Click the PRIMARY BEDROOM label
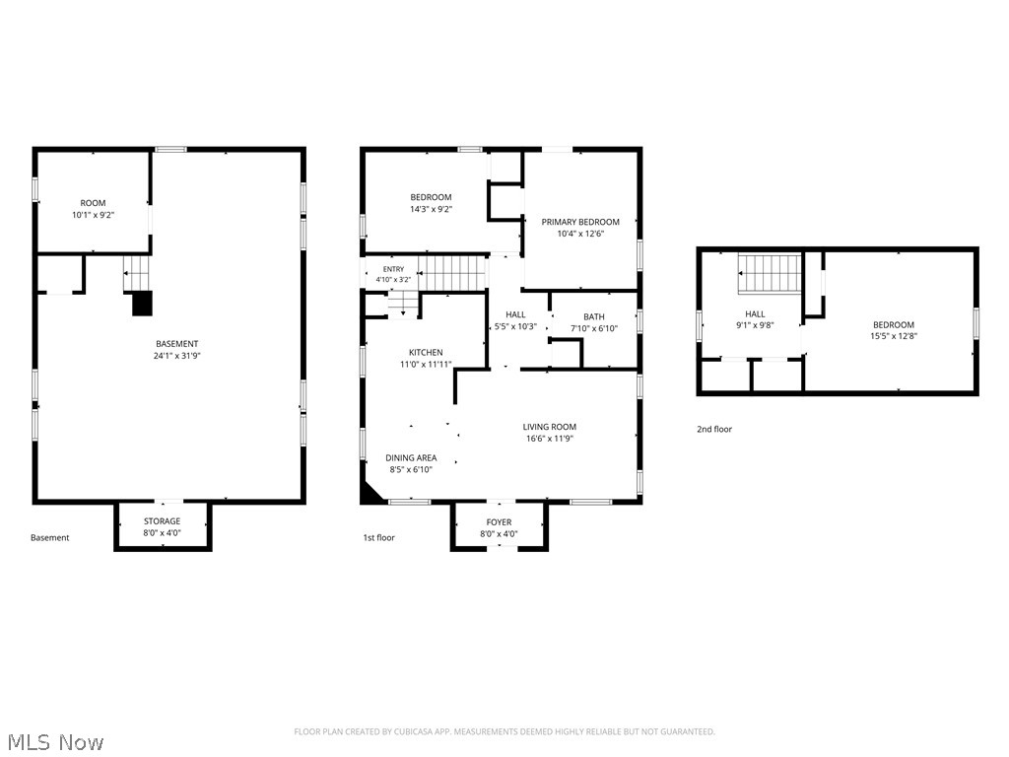(579, 222)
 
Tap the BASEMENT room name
(177, 344)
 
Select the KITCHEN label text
(426, 352)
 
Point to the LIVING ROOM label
(550, 427)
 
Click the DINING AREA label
(411, 457)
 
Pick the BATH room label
(594, 316)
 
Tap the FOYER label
(499, 522)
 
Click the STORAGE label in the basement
(163, 521)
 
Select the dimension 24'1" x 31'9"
(177, 355)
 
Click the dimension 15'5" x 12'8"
(894, 336)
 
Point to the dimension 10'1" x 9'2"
(94, 215)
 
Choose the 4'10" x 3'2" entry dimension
(393, 280)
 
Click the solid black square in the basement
(142, 304)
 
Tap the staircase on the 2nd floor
(770, 273)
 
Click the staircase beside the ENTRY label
(452, 273)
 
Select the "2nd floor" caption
(714, 430)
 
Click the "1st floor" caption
(379, 537)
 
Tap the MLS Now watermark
(56, 742)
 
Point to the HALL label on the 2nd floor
(755, 314)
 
